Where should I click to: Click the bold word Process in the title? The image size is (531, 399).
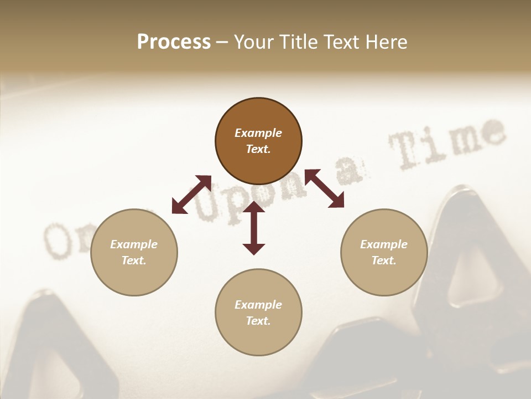coord(174,42)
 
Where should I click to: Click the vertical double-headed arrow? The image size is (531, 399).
coord(254,228)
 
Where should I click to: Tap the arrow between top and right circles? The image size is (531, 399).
coord(324,188)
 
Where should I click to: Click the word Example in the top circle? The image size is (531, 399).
coord(258,133)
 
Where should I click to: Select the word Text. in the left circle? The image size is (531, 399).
coord(134,260)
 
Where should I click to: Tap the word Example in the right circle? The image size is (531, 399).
coord(384,244)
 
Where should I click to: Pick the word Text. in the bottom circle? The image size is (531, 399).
coord(258,321)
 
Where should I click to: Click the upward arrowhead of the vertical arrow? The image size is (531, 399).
coord(254,207)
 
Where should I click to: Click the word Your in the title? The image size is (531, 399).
coord(254,42)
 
